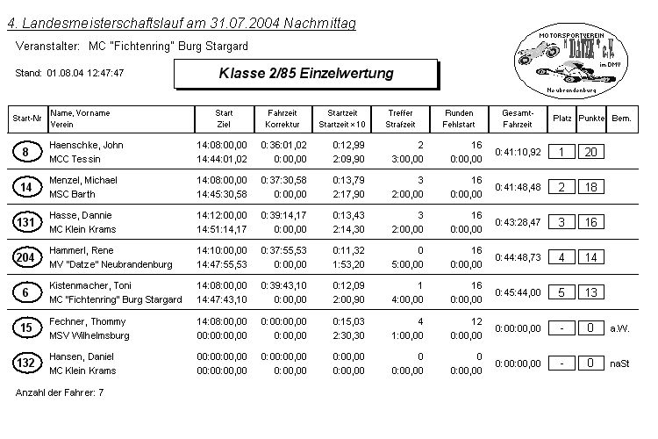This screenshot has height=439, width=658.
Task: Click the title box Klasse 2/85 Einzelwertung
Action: pyautogui.click(x=306, y=73)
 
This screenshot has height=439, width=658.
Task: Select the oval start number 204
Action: pyautogui.click(x=26, y=256)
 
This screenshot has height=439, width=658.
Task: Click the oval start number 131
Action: pyautogui.click(x=26, y=222)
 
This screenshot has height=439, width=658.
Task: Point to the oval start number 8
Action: pyautogui.click(x=26, y=152)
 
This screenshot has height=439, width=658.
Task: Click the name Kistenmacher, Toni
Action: pyautogui.click(x=91, y=285)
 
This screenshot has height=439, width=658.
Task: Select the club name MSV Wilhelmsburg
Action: pyautogui.click(x=89, y=335)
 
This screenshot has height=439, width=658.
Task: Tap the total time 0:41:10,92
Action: pyautogui.click(x=518, y=152)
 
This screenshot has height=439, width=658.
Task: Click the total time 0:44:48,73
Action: pyautogui.click(x=518, y=257)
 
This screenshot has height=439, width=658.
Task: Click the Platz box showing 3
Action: pyautogui.click(x=561, y=222)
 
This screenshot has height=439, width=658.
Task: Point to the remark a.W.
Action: pyautogui.click(x=619, y=328)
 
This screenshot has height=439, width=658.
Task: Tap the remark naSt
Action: pyautogui.click(x=619, y=363)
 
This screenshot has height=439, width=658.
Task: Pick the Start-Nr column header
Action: pyautogui.click(x=25, y=118)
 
